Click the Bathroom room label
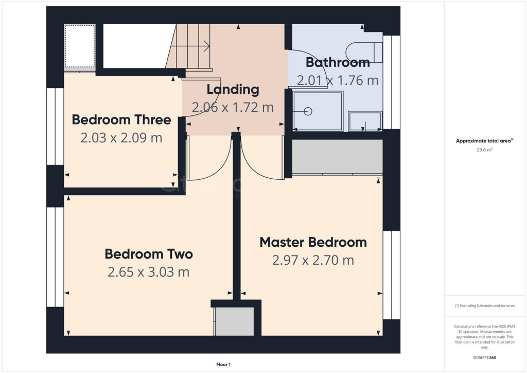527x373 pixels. [338, 63]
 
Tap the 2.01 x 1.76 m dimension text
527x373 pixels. [338, 80]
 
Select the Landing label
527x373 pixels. [233, 89]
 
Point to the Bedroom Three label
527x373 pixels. [121, 120]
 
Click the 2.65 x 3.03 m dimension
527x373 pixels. [149, 272]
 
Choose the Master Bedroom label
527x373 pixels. [313, 242]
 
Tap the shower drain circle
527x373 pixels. [309, 111]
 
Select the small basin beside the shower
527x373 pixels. [365, 121]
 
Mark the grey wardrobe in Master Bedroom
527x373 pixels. [337, 157]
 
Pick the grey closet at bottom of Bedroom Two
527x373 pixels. [234, 321]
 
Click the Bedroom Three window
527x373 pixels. [55, 127]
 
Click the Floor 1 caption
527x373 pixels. [223, 364]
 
